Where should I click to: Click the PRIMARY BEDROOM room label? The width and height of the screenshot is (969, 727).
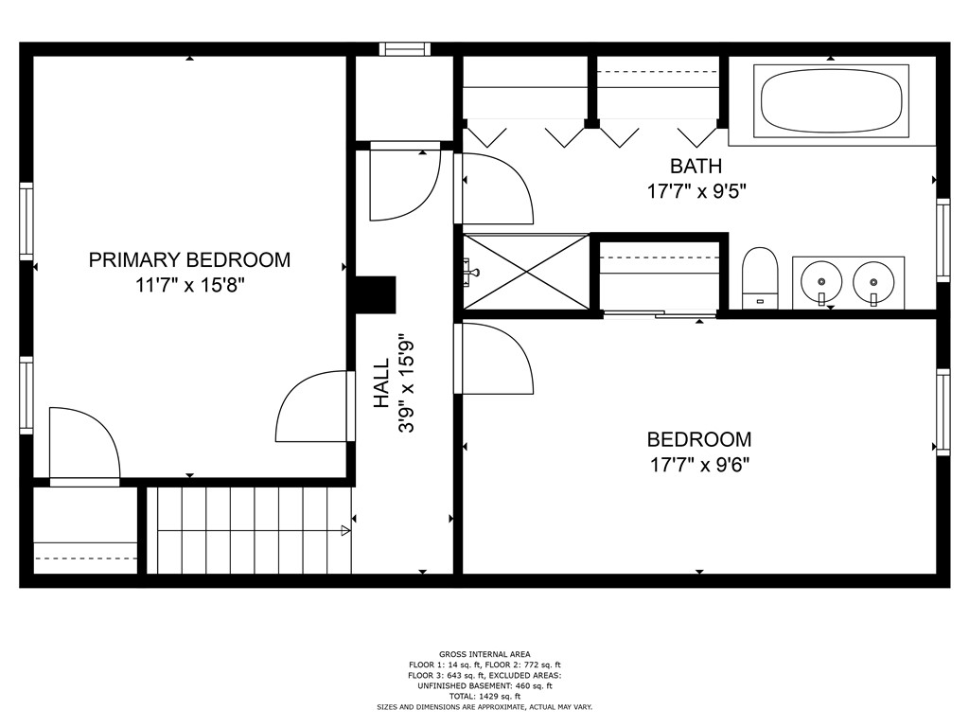(x=189, y=259)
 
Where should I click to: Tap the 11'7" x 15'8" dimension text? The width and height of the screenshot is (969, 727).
(x=190, y=285)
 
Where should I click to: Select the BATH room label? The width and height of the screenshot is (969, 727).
(x=696, y=167)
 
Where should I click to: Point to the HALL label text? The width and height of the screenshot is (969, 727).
(x=382, y=383)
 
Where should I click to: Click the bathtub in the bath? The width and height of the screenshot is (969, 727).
(x=831, y=100)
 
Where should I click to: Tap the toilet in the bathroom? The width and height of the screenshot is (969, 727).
(x=760, y=277)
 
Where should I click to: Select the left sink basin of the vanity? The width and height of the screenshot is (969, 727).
(x=821, y=282)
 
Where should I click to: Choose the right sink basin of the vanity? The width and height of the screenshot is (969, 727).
(x=873, y=282)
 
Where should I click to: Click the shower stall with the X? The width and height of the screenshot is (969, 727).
(x=526, y=272)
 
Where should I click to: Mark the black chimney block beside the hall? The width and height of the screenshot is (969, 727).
(x=375, y=294)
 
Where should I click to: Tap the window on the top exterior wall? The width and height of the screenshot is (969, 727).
(x=404, y=49)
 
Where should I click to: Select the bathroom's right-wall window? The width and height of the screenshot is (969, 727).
(x=943, y=239)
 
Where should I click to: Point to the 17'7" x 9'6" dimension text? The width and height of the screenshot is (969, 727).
(x=699, y=464)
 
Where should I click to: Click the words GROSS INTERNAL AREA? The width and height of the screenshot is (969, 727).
(x=484, y=654)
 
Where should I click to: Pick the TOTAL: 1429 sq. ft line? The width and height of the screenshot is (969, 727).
(x=484, y=696)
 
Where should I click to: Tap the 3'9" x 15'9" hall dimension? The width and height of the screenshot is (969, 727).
(x=407, y=387)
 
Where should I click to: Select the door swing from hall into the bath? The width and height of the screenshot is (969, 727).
(x=494, y=188)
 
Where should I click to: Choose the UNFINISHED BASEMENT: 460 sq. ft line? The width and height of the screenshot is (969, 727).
(x=484, y=685)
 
